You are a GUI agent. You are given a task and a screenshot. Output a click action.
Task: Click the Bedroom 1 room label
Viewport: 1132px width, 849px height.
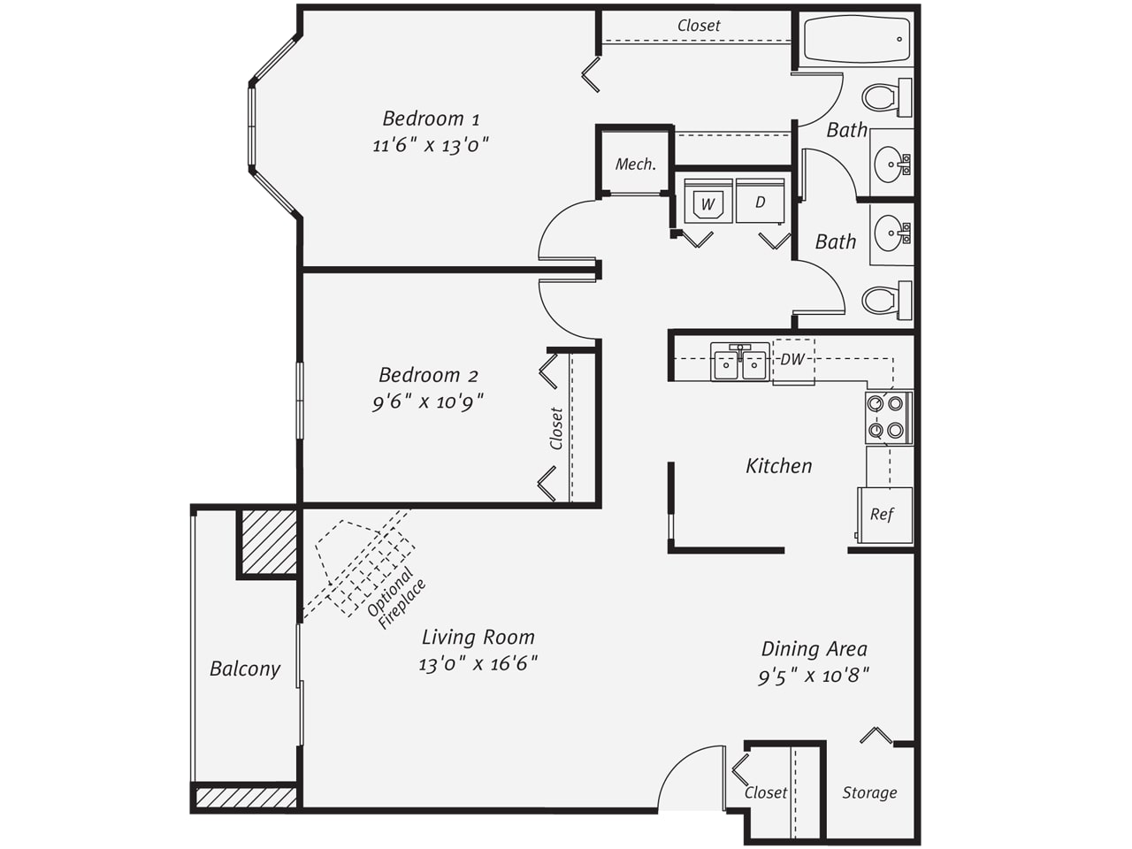click(432, 119)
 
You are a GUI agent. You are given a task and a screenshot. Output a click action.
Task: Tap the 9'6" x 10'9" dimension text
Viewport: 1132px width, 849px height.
click(429, 402)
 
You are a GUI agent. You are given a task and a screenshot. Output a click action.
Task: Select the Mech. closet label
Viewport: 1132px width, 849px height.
click(636, 164)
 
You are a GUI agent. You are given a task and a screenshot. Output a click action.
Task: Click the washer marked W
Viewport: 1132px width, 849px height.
click(708, 201)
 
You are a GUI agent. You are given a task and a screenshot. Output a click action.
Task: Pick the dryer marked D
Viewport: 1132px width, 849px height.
click(761, 201)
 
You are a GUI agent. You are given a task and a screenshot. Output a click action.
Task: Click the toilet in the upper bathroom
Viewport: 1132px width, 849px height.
click(886, 98)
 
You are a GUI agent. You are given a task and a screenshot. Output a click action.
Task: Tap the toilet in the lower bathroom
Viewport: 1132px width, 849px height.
click(886, 300)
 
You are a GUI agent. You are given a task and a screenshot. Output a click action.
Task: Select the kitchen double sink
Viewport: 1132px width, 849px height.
click(740, 363)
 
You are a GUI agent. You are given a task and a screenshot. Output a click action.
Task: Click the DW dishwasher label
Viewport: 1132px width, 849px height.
click(792, 359)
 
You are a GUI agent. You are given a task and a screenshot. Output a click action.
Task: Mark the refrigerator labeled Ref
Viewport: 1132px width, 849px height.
click(885, 515)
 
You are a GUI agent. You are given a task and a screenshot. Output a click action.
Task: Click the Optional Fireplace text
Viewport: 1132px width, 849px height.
click(396, 598)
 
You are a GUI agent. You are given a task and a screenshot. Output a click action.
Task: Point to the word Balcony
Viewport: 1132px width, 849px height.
click(245, 669)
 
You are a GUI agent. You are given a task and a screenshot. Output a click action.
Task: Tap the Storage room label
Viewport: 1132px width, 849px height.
click(869, 792)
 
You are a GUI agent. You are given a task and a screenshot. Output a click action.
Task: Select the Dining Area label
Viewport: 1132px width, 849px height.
click(815, 649)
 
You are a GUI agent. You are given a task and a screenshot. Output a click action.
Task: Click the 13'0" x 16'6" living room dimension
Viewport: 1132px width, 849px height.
click(478, 664)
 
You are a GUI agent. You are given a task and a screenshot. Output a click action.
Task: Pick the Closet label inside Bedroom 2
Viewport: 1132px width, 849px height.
click(556, 428)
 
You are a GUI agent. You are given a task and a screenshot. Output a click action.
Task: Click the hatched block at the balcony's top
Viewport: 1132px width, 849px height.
click(269, 542)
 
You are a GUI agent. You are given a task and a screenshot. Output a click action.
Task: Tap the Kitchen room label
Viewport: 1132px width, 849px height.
click(779, 466)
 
